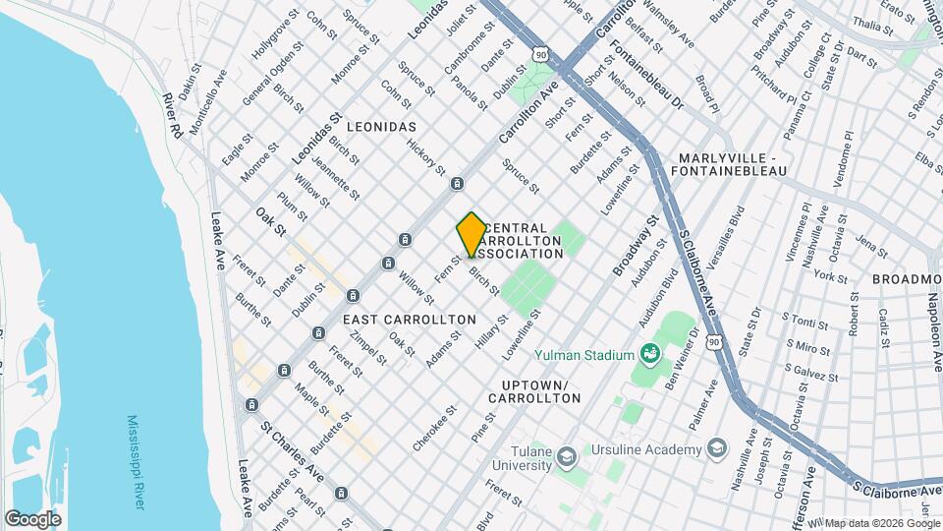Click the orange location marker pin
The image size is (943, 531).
[x=471, y=234]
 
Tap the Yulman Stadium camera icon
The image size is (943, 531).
[x=648, y=353]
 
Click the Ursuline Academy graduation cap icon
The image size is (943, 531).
[x=716, y=449]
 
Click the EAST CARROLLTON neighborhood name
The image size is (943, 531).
[x=409, y=320]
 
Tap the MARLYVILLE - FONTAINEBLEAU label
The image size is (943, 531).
[x=742, y=164]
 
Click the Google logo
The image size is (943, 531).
[x=32, y=518]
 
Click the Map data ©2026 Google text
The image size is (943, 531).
[x=880, y=522]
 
